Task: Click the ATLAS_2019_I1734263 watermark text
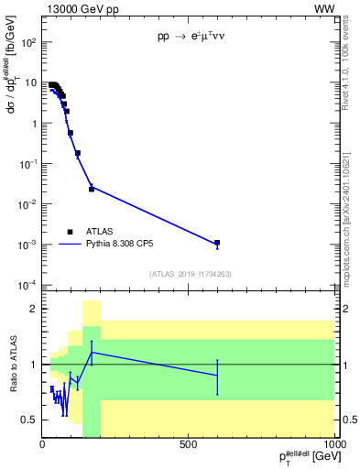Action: (189, 273)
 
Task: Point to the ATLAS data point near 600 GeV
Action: (217, 243)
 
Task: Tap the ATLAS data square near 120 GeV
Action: (78, 153)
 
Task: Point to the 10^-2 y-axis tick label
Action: (27, 204)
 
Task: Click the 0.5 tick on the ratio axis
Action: (30, 420)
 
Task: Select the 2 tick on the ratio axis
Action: (33, 309)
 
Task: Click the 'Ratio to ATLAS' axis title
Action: (11, 365)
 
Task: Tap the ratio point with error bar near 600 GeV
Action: (217, 376)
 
